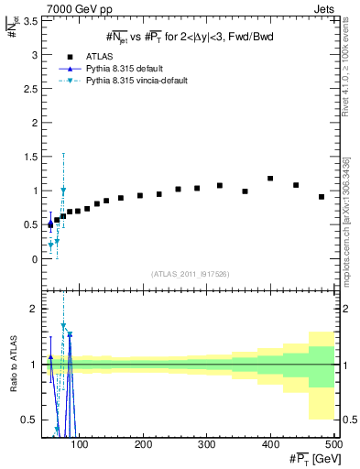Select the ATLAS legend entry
98,56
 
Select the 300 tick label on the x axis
207,445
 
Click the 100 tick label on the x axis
80,445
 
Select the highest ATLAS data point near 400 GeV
270,179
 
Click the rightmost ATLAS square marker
322,197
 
